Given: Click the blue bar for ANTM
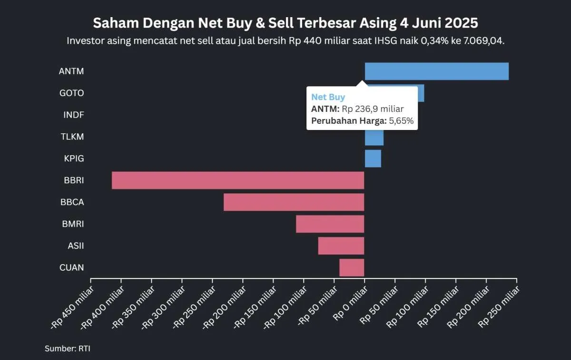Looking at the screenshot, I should point(436,71).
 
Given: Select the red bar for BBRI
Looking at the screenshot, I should point(238,180).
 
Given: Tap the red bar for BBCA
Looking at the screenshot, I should point(294,202).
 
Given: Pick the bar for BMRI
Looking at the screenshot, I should point(330,224).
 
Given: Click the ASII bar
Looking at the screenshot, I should point(341,246).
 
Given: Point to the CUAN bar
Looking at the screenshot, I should point(352,268).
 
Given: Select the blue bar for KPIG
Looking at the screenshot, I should point(373,159).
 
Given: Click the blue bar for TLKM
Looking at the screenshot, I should point(374,138).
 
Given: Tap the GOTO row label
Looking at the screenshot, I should point(71,93).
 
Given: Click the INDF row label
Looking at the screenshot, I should point(74,115).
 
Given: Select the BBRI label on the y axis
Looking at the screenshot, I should point(74,180).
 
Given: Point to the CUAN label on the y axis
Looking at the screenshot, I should point(71,268).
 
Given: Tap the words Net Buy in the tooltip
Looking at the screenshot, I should point(328,98).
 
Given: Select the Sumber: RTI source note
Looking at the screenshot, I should point(67,348).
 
